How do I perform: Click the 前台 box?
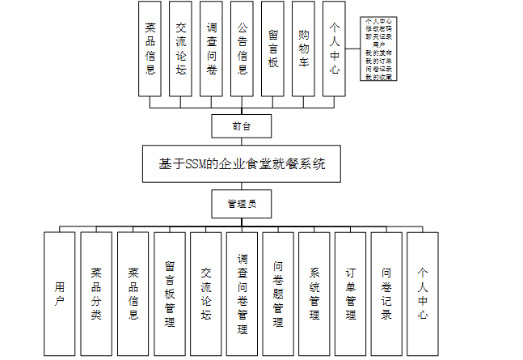[241, 126]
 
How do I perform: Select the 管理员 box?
[241, 204]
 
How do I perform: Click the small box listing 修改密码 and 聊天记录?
[378, 49]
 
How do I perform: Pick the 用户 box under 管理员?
[60, 293]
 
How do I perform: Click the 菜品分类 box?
[96, 293]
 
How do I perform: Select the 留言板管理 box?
[169, 293]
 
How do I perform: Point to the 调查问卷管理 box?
[242, 293]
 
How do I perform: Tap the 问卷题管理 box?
[278, 293]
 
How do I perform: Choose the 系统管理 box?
[314, 293]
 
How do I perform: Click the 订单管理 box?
[350, 293]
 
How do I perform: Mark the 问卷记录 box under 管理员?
[386, 293]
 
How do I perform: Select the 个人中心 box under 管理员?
[422, 293]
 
